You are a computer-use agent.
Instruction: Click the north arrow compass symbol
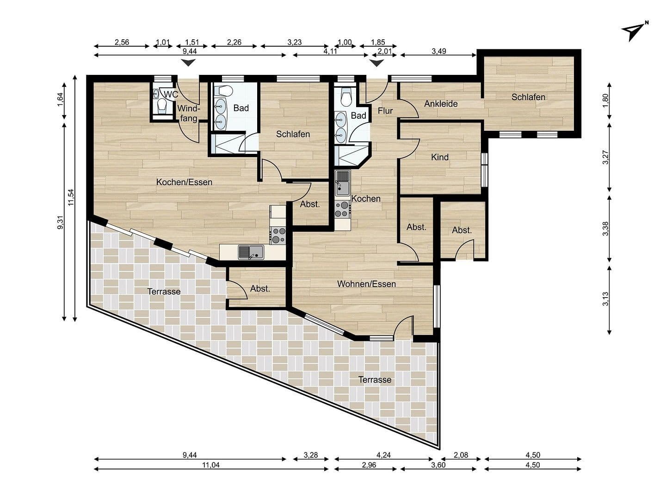click(634, 30)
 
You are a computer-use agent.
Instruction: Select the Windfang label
click(189, 113)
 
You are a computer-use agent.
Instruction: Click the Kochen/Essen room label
click(184, 182)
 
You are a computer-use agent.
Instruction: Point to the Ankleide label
click(441, 103)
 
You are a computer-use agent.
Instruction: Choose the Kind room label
click(439, 157)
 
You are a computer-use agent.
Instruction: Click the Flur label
click(385, 110)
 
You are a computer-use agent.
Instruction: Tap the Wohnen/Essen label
click(366, 284)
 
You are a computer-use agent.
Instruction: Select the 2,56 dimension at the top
click(122, 42)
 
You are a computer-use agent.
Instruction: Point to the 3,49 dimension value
click(438, 51)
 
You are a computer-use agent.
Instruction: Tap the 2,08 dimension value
click(461, 455)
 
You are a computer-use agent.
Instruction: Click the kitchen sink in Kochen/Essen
click(250, 252)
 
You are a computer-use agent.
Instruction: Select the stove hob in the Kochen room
click(342, 209)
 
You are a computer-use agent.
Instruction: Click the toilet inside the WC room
click(162, 107)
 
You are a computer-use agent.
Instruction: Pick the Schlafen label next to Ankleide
click(528, 97)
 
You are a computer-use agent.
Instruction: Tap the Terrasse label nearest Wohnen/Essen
click(375, 380)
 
